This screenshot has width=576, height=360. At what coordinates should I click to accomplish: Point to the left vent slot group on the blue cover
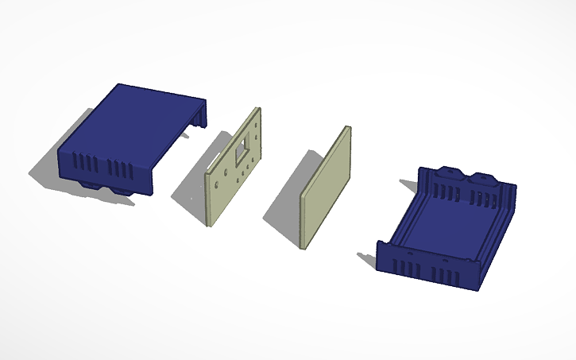(x=86, y=165)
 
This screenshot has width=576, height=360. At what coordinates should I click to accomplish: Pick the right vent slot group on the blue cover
(x=122, y=169)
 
